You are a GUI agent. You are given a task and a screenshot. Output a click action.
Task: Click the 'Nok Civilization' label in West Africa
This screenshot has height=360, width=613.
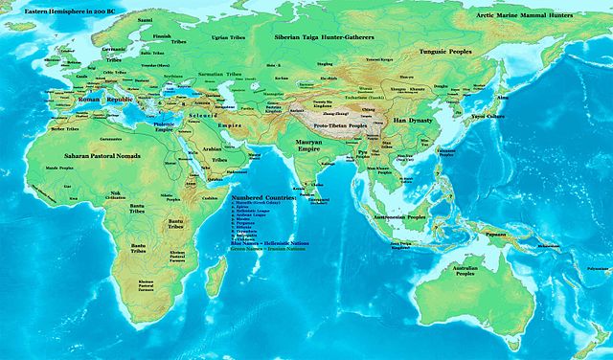tap(114, 194)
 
